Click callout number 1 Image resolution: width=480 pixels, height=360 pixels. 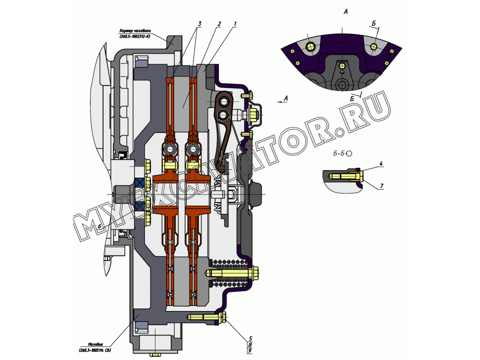click(x=235, y=24)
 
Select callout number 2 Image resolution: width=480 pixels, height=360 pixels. click(x=219, y=24)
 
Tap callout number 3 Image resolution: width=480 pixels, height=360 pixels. click(x=199, y=24)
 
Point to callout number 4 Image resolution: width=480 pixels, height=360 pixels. click(x=381, y=163)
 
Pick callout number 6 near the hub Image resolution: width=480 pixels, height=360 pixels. click(x=100, y=226)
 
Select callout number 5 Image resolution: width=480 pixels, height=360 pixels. click(x=249, y=338)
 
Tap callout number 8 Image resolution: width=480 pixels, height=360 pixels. click(x=249, y=344)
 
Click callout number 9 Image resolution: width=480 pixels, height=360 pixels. click(x=249, y=351)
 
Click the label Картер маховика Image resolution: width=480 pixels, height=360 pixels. click(x=134, y=30)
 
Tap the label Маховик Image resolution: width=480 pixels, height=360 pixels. click(x=95, y=343)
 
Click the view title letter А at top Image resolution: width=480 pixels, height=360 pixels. click(x=345, y=10)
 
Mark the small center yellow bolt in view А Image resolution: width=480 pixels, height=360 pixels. click(x=341, y=66)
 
